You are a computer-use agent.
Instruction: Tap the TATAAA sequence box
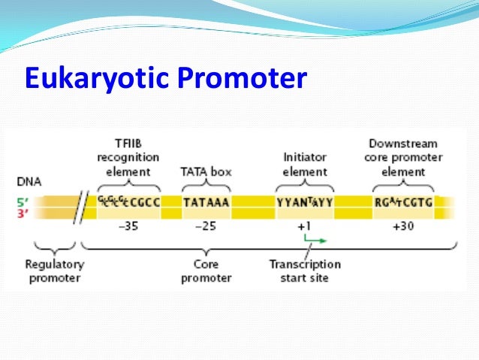pyautogui.click(x=206, y=201)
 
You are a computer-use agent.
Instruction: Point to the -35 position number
pyautogui.click(x=128, y=226)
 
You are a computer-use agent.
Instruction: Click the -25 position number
pyautogui.click(x=206, y=226)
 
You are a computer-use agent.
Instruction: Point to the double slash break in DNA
pyautogui.click(x=79, y=207)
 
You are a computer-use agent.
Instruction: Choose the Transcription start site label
pyautogui.click(x=305, y=271)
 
